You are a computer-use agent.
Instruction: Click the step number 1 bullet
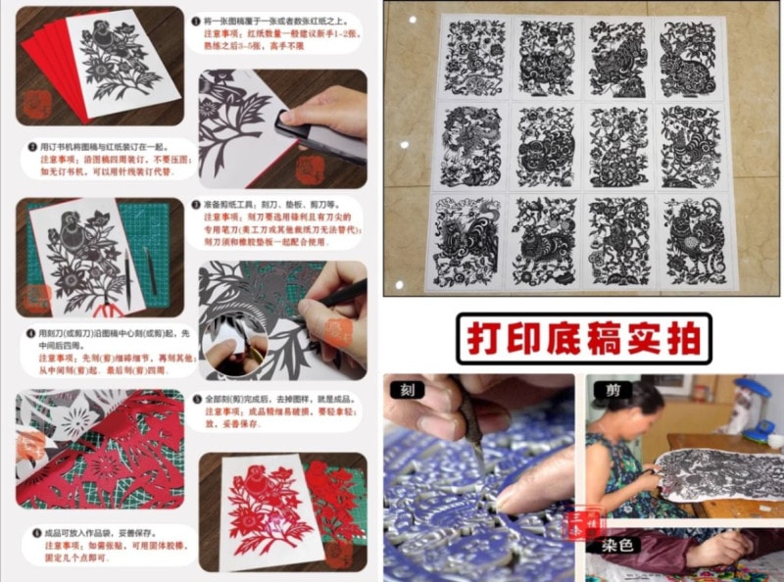197,20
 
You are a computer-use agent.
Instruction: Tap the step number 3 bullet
197,206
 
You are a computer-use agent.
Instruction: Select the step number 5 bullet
197,400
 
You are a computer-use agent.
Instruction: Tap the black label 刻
404,389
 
